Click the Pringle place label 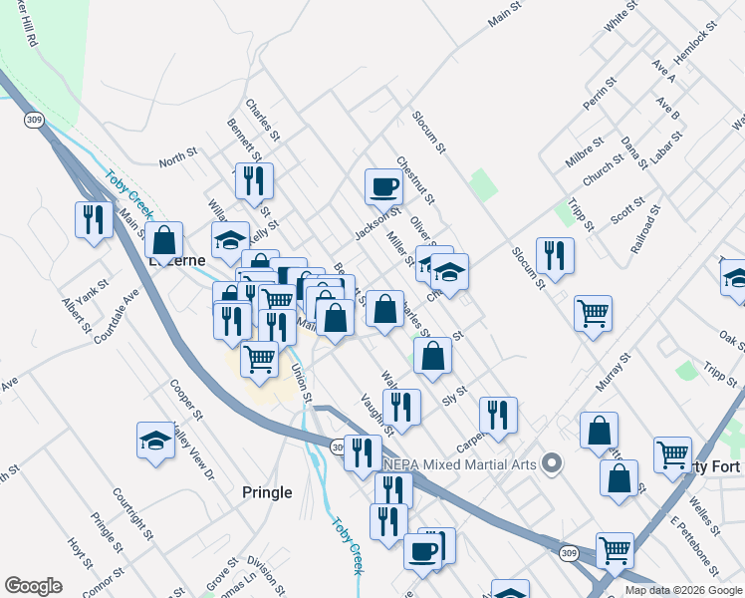click(267, 492)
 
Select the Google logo click(33, 586)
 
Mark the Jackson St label click(376, 223)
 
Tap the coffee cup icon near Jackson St click(383, 186)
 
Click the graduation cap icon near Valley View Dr click(156, 441)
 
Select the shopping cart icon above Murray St click(593, 313)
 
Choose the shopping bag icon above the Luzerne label click(164, 240)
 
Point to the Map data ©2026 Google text click(683, 589)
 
